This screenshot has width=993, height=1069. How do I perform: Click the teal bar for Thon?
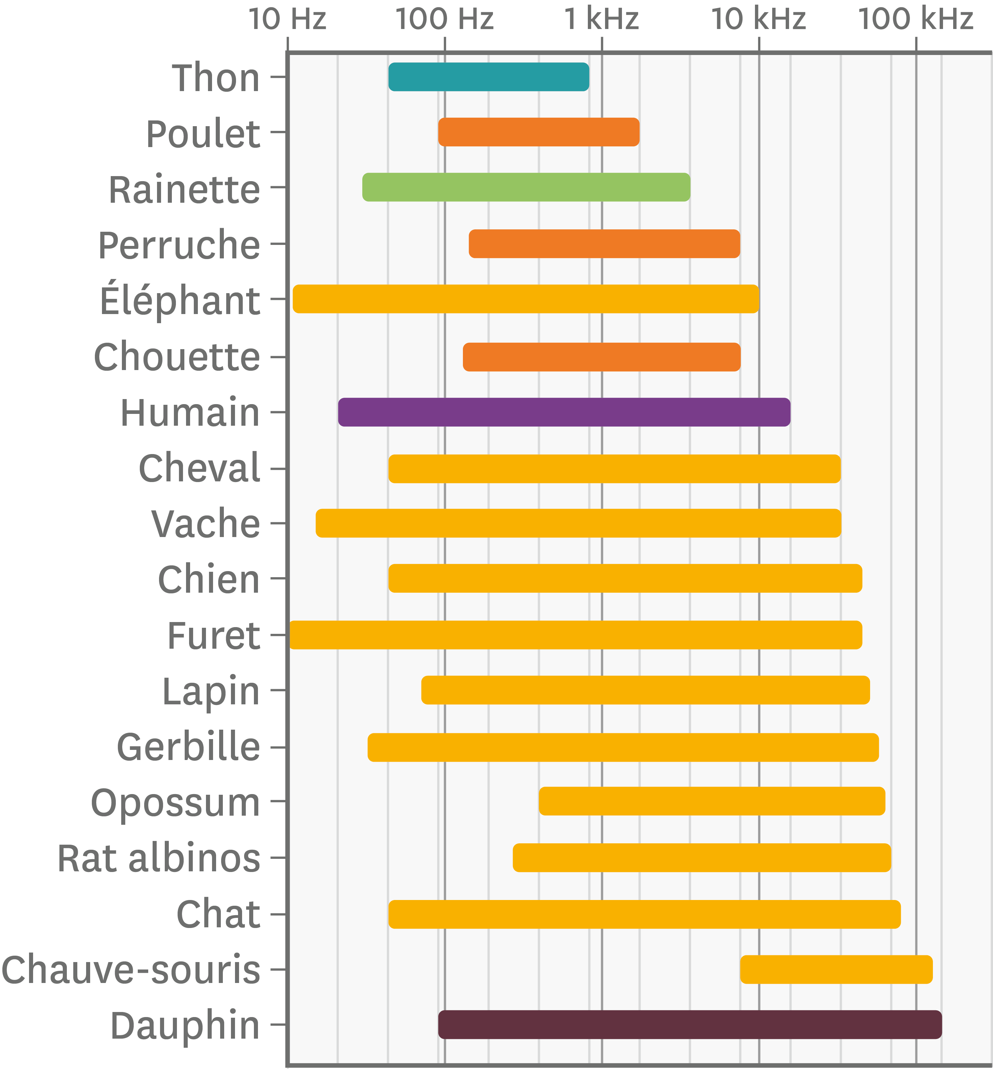pos(489,77)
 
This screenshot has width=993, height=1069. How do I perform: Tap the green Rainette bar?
pos(526,187)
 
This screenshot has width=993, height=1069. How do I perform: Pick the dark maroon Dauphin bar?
pos(690,1024)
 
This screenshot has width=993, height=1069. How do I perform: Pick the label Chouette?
pos(177,357)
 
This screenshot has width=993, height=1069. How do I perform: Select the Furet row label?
pos(214,636)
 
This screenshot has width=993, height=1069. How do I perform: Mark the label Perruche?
pos(179,245)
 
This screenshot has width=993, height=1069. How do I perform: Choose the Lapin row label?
pos(211,692)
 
